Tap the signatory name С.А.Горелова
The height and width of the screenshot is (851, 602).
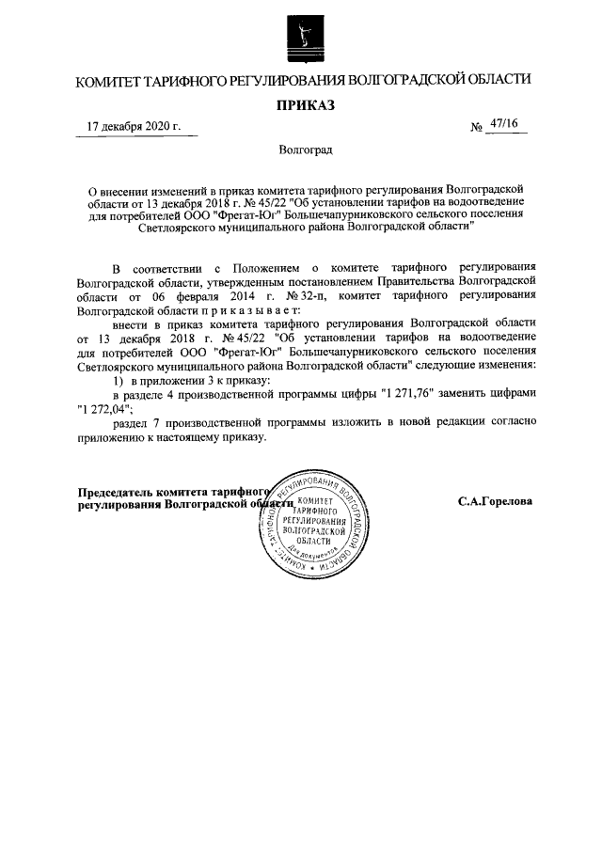tap(495, 501)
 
